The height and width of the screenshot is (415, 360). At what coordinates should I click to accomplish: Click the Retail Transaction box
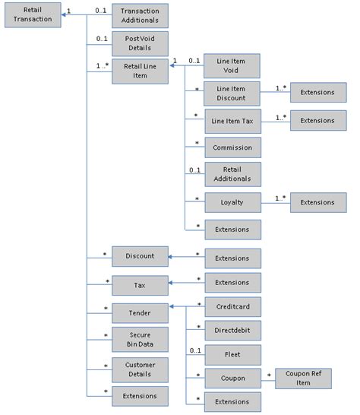tap(32, 16)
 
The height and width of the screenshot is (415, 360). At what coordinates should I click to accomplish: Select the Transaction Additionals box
tap(140, 16)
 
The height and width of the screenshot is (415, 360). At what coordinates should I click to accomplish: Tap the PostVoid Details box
tap(140, 43)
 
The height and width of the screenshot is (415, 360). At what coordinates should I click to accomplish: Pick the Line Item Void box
tap(233, 65)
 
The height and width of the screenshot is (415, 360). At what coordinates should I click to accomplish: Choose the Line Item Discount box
tap(233, 93)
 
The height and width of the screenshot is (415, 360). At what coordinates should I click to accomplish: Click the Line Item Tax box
tap(233, 121)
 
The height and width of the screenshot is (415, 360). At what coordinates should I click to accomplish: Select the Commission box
tap(233, 147)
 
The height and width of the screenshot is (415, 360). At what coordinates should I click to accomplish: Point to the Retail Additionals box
tap(233, 174)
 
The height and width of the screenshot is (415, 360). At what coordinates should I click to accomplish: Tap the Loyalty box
tap(233, 202)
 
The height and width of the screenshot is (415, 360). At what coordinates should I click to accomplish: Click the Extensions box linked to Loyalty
tap(317, 202)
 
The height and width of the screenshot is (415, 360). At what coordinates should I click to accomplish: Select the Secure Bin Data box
tap(140, 340)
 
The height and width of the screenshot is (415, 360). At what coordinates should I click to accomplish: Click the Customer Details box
tap(140, 369)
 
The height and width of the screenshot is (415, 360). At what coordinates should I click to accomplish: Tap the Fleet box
tap(233, 353)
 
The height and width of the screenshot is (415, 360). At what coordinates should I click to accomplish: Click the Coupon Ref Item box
tap(304, 378)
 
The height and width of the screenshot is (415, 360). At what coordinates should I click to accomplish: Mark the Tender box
tap(140, 312)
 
